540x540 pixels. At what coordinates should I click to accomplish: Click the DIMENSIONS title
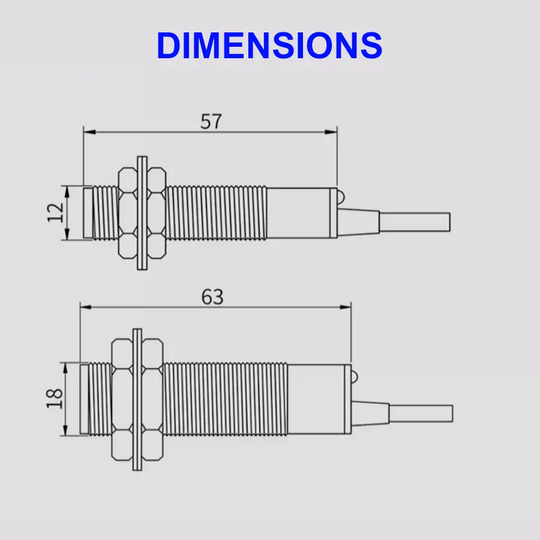[269, 45]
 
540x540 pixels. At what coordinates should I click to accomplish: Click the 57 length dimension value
[211, 121]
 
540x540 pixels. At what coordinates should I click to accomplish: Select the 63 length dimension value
[212, 296]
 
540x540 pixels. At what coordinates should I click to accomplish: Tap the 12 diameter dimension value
[56, 212]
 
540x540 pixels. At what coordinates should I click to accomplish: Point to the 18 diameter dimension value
[55, 398]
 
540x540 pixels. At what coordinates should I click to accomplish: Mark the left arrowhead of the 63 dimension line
[86, 307]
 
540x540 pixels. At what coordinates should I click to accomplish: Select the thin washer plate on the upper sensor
[142, 213]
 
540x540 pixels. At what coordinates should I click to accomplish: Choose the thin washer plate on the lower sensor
[137, 399]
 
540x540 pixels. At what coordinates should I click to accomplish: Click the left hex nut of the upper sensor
[127, 213]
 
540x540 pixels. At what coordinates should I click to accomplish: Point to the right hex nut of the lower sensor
[152, 399]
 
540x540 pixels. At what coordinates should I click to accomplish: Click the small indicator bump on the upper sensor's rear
[340, 196]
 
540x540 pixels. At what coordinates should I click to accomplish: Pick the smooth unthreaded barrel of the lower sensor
[318, 399]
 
